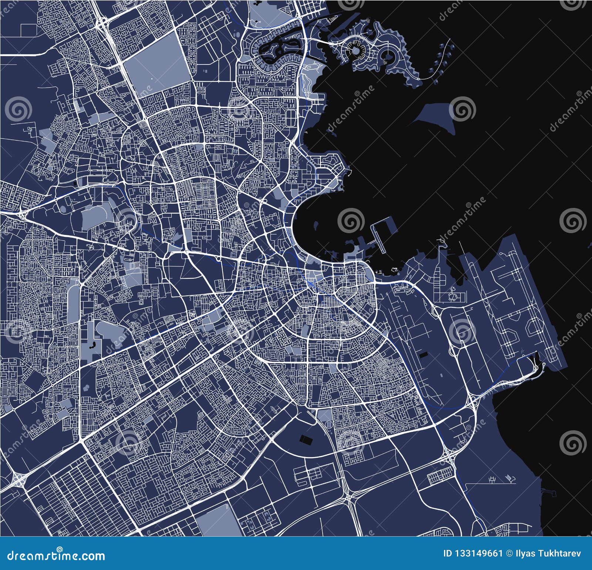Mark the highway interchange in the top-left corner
click(x=102, y=24)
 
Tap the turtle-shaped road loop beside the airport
click(x=453, y=296)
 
